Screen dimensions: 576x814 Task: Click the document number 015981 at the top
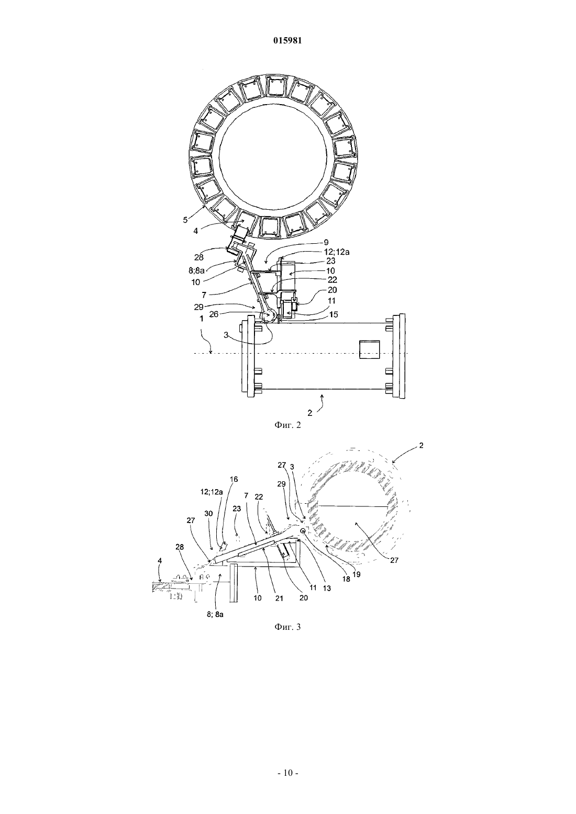pyautogui.click(x=287, y=41)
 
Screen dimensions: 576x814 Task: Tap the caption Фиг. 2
pyautogui.click(x=287, y=425)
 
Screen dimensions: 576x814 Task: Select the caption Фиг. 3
pyautogui.click(x=287, y=627)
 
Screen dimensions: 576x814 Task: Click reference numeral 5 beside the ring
pyautogui.click(x=185, y=220)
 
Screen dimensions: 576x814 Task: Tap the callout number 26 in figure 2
pyautogui.click(x=214, y=314)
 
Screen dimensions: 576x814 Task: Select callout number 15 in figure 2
pyautogui.click(x=333, y=315)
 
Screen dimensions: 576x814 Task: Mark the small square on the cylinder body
pyautogui.click(x=370, y=349)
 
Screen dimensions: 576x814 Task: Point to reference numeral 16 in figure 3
pyautogui.click(x=234, y=479)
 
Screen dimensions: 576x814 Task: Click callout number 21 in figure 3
pyautogui.click(x=279, y=598)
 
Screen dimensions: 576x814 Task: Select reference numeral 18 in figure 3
pyautogui.click(x=346, y=579)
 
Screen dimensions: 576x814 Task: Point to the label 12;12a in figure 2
pyautogui.click(x=337, y=252)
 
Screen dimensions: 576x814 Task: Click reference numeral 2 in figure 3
pyautogui.click(x=421, y=445)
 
